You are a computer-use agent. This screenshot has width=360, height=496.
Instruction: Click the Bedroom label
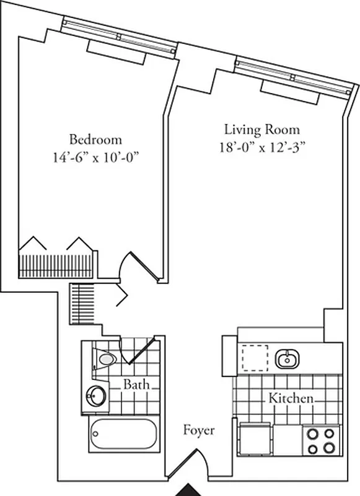point(95,139)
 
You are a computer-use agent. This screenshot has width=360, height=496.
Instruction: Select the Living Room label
point(261,130)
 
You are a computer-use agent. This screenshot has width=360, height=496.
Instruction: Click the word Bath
point(136,384)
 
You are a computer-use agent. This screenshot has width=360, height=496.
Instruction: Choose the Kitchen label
point(290,398)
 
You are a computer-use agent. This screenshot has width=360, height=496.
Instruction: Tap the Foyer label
point(199,430)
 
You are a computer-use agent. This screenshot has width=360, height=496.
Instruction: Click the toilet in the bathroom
point(107,358)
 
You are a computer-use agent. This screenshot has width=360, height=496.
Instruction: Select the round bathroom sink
point(95,394)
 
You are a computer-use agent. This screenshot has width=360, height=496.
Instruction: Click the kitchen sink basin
point(287,358)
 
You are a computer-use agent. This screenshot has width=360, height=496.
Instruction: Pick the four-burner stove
point(321,440)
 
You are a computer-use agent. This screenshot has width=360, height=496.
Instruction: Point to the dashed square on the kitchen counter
point(253,357)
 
